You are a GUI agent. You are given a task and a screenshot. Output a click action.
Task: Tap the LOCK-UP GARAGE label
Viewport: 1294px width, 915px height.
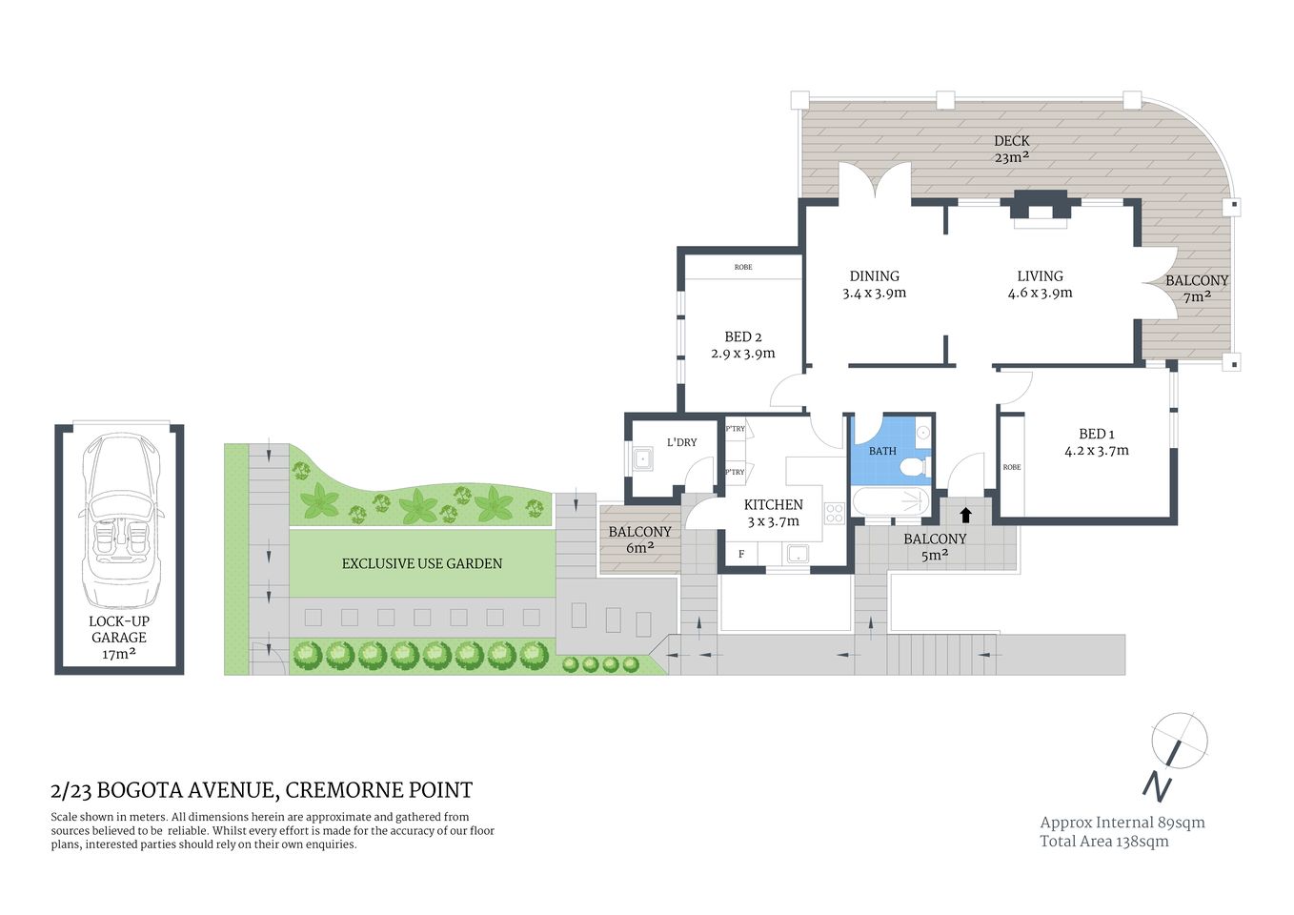pyautogui.click(x=119, y=637)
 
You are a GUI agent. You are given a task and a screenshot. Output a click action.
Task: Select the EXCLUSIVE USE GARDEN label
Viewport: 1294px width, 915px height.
pyautogui.click(x=421, y=563)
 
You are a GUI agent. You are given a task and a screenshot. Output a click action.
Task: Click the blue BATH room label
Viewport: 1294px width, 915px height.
pyautogui.click(x=882, y=451)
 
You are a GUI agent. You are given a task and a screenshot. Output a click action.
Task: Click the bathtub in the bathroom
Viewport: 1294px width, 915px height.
pyautogui.click(x=888, y=500)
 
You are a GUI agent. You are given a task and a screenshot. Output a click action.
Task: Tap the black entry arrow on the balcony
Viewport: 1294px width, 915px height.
pyautogui.click(x=965, y=515)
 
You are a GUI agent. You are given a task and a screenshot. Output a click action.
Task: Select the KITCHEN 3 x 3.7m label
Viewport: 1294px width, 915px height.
pyautogui.click(x=773, y=513)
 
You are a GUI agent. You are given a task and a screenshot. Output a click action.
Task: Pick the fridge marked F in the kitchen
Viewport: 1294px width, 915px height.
pyautogui.click(x=741, y=554)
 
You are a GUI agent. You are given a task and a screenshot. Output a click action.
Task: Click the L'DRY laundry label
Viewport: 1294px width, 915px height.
pyautogui.click(x=681, y=442)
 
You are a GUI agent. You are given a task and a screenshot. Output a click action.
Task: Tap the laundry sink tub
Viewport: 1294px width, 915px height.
pyautogui.click(x=643, y=459)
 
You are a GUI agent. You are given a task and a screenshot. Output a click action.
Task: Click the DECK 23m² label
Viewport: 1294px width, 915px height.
pyautogui.click(x=1011, y=149)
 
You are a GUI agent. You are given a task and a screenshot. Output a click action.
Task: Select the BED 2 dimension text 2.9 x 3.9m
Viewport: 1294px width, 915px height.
pyautogui.click(x=742, y=354)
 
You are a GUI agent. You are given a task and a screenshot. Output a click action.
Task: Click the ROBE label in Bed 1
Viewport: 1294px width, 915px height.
pyautogui.click(x=1011, y=467)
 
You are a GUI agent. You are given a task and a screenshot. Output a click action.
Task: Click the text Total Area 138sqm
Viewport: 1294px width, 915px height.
pyautogui.click(x=1103, y=841)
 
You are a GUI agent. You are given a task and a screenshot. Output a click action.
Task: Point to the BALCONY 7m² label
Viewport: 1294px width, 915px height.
pyautogui.click(x=1196, y=288)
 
